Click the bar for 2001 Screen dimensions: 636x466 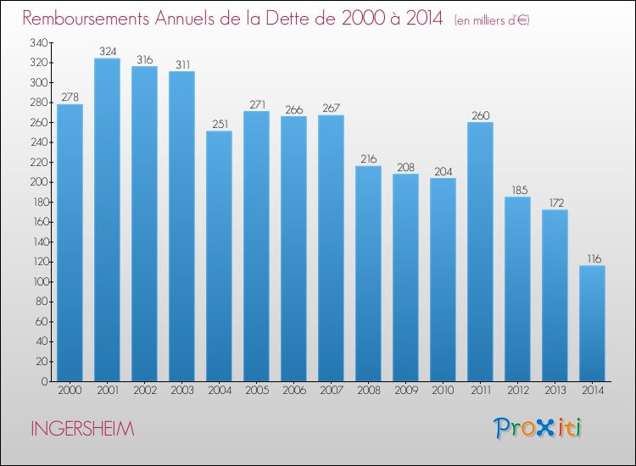point(107,219)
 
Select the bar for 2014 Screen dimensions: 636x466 point(592,324)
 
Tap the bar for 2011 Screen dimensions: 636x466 point(480,252)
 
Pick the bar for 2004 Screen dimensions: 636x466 point(219,256)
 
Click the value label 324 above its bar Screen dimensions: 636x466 point(108,52)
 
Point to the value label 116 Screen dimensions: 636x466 point(594,259)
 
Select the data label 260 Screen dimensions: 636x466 point(481,115)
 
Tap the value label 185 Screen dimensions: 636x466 point(520,190)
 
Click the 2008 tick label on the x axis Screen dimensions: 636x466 point(369,391)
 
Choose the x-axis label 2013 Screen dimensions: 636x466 point(555,391)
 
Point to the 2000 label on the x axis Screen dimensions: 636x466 point(70,391)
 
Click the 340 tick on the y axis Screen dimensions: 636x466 point(39,42)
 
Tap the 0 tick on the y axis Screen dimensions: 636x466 point(45,381)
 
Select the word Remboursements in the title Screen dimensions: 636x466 point(86,18)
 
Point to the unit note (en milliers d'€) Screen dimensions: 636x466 point(492,20)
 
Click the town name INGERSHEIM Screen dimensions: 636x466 point(82,429)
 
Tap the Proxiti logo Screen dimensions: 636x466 point(538,428)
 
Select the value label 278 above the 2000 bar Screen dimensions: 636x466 point(70,97)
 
